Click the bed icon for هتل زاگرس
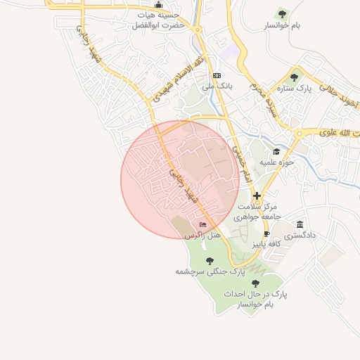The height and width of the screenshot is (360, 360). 203,225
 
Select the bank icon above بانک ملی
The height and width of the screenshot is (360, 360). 217,75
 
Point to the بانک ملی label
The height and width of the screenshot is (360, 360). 217,86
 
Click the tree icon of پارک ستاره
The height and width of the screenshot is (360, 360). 294,77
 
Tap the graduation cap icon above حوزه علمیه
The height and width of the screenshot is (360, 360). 276,151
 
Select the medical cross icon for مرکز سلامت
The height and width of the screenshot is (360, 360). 257,195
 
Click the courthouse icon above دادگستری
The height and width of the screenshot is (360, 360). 300,224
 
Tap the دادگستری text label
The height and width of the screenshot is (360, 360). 300,236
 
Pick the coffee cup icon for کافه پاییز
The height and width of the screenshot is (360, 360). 266,233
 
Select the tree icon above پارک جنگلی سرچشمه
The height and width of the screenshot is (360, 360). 210,260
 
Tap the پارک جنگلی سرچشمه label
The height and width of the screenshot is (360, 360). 210,271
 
